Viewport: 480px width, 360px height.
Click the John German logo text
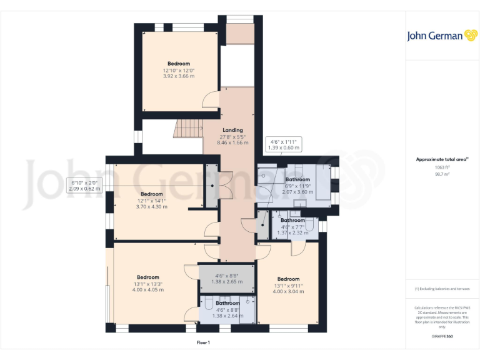click(435, 36)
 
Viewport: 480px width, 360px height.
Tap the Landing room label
click(232, 130)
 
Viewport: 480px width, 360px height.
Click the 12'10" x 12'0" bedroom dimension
click(178, 70)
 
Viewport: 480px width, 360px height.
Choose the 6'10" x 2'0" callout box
click(84, 185)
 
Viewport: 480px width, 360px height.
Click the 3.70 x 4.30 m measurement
click(151, 206)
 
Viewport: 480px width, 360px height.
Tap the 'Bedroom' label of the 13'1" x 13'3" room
click(148, 277)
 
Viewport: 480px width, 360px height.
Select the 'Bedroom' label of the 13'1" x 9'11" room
click(288, 279)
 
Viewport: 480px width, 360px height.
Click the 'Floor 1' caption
click(203, 342)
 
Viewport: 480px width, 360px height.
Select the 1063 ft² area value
click(442, 167)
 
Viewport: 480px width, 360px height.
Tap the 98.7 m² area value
click(442, 174)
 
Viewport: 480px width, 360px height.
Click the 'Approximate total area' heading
click(441, 159)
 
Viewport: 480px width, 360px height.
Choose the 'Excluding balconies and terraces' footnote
click(442, 289)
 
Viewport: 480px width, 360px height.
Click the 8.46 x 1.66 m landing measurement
click(232, 142)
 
